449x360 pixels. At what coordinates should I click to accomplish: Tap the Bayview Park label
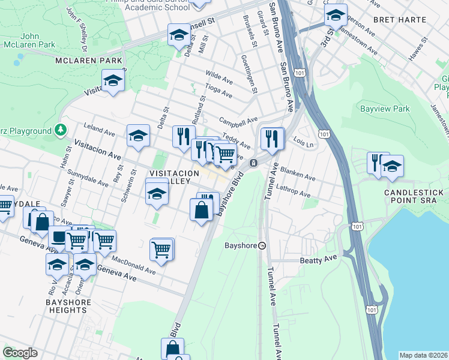384,109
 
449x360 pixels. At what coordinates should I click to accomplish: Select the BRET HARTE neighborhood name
399,19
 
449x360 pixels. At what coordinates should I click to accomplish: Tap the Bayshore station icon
262,245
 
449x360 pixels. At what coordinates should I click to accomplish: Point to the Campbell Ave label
238,120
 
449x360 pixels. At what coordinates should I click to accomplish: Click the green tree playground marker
60,130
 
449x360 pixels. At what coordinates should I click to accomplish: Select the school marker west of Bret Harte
336,14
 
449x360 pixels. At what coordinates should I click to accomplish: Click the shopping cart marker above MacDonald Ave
161,248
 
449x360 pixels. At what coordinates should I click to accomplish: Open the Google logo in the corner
20,353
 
